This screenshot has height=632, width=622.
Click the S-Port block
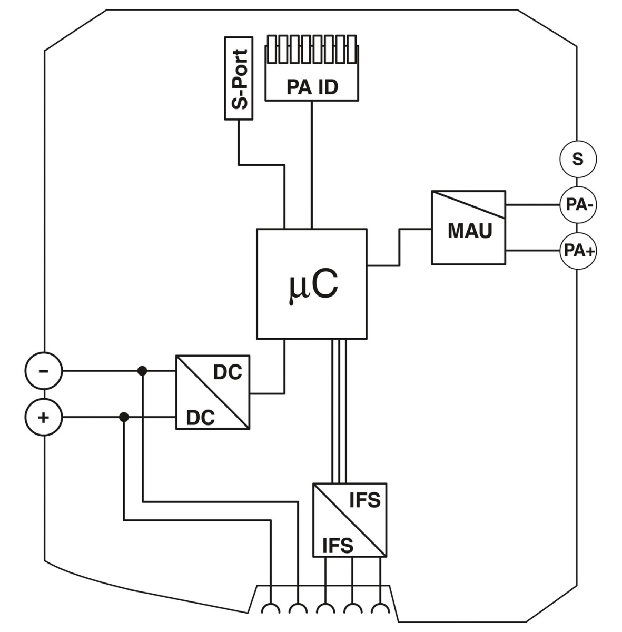pos(239,78)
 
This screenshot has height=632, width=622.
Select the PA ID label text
pos(312,87)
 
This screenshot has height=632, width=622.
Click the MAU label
pos(469,231)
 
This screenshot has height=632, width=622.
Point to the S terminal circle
pos(578,159)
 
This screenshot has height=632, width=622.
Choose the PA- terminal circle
pos(578,205)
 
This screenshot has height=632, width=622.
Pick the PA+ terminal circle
pos(578,251)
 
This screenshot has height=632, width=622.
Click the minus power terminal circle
pos(44,371)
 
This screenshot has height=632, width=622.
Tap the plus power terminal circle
pos(44,418)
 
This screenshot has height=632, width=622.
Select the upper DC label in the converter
pos(227,372)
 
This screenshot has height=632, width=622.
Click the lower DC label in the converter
pos(201,418)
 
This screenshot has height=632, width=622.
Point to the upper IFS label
pos(364,500)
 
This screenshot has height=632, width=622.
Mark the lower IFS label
pos(338,546)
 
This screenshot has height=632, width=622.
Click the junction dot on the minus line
pos(142,371)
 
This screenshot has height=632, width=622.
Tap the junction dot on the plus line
pos(124,418)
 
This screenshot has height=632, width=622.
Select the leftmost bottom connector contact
pos(271,609)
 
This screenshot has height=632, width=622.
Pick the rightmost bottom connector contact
pos(379,609)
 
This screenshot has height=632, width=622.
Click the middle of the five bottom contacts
pos(325,609)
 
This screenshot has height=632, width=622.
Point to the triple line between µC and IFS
pos(339,411)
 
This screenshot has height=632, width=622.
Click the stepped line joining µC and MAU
pos(399,248)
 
